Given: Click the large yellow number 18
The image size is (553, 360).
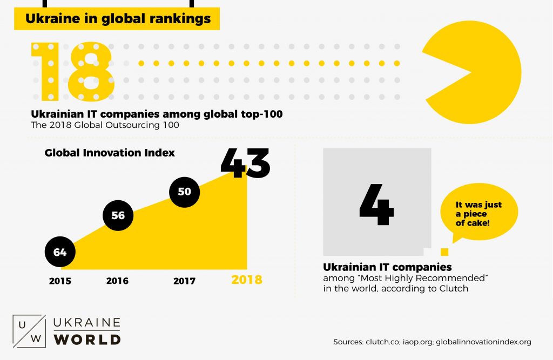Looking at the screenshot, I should tap(72, 71).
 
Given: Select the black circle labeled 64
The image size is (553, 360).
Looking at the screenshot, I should tap(59, 252).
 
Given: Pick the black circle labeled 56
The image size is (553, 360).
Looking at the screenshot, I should tap(118, 215).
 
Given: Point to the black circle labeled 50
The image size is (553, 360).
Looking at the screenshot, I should tap(184, 191).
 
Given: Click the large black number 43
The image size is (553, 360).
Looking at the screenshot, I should tap(245, 162).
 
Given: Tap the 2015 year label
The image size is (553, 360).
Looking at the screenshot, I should tap(59, 281).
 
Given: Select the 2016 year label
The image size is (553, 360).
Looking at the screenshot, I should tap(117, 281).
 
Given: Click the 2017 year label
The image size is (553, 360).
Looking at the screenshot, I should tap(184, 281).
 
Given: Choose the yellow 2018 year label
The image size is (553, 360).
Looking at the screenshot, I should tap(246, 280).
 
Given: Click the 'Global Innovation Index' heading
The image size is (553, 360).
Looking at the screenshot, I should tap(110, 153).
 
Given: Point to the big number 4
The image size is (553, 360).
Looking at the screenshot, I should tap(376, 205).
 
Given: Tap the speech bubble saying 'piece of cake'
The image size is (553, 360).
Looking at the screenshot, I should tap(478, 213).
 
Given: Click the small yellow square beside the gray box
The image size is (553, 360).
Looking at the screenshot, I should tap(444, 252).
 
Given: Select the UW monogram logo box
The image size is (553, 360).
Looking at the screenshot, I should tap(28, 330).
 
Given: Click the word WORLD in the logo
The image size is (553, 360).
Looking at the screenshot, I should tap(87, 339).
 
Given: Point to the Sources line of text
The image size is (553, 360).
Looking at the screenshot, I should tap(433, 342).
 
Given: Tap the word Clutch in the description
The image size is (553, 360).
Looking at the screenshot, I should tap(454, 288).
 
